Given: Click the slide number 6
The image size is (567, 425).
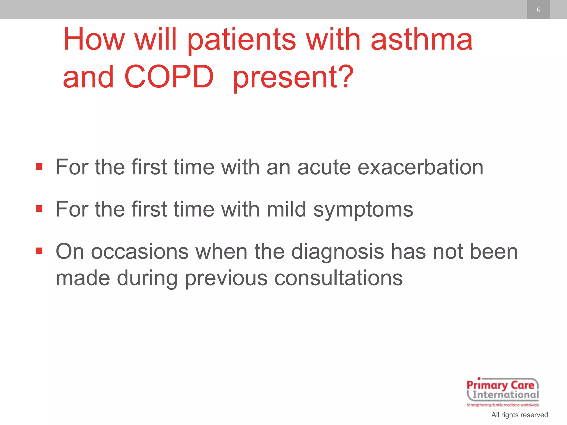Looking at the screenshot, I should coord(538,10).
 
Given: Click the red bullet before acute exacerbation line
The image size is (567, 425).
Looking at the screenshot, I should coord(39,167).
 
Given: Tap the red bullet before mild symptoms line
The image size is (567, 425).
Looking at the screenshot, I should coord(39,209).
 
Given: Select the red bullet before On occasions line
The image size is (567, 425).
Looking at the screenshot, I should coord(39,251).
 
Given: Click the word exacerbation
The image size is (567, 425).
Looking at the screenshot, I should coord(420,167).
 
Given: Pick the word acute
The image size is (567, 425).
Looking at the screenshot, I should coord(324,167).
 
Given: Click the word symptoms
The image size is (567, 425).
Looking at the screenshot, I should coord(363,210).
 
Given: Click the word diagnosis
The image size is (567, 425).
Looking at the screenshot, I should coord(337,252).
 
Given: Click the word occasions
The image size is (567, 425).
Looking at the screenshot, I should coord(140,252).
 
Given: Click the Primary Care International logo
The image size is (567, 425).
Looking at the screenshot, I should coord(503,390).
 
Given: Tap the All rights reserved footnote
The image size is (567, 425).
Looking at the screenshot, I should coord(519,415).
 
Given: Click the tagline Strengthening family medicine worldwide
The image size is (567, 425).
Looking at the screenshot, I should coord(503,405).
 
